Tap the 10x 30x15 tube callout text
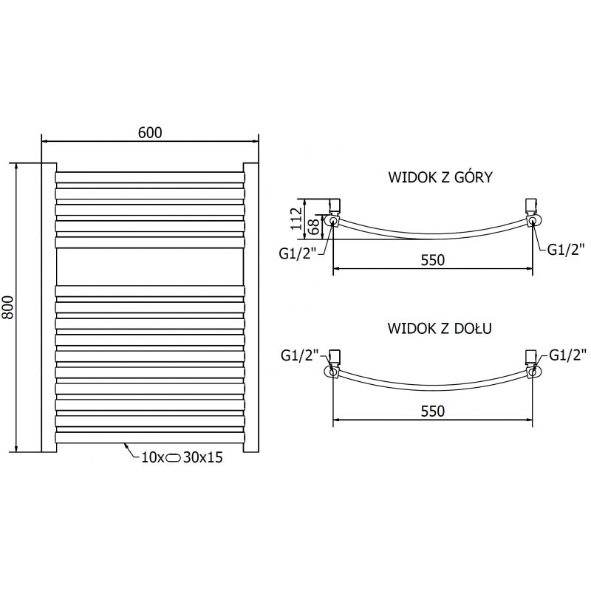[177, 457]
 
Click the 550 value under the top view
[434, 260]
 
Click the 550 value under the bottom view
[434, 411]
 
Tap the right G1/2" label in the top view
[565, 249]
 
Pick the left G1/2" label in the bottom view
[299, 355]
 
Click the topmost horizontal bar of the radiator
[149, 177]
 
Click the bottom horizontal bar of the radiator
[149, 437]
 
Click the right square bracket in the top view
[530, 205]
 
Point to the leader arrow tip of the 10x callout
[125, 444]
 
